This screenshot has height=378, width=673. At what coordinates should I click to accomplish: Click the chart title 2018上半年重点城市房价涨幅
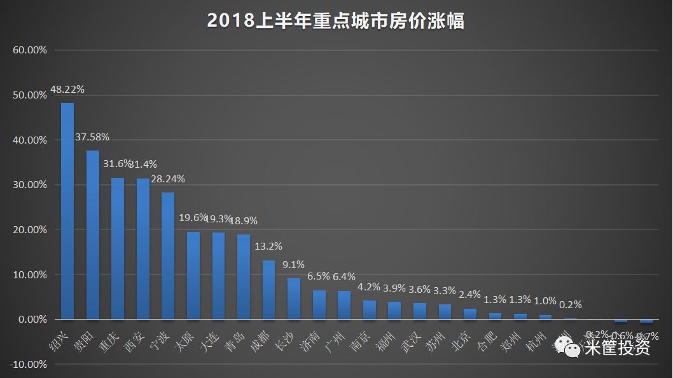click(336, 21)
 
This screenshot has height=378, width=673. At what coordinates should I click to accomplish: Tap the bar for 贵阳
click(93, 235)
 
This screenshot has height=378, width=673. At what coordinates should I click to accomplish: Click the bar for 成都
click(268, 290)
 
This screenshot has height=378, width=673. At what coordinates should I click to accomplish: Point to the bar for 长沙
click(294, 299)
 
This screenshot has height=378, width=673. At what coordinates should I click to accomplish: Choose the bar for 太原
click(193, 275)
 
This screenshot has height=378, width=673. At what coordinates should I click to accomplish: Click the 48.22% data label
click(67, 90)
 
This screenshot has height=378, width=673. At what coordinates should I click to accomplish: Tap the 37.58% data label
click(93, 137)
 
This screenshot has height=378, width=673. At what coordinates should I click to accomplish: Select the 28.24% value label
click(168, 179)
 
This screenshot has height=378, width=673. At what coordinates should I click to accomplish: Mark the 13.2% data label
click(268, 246)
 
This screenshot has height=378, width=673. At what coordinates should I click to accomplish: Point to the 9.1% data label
click(294, 265)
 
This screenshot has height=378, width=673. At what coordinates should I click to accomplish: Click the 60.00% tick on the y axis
click(30, 50)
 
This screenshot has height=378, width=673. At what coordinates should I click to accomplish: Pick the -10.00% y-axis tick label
click(29, 365)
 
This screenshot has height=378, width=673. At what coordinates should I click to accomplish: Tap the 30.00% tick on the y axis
click(30, 185)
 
